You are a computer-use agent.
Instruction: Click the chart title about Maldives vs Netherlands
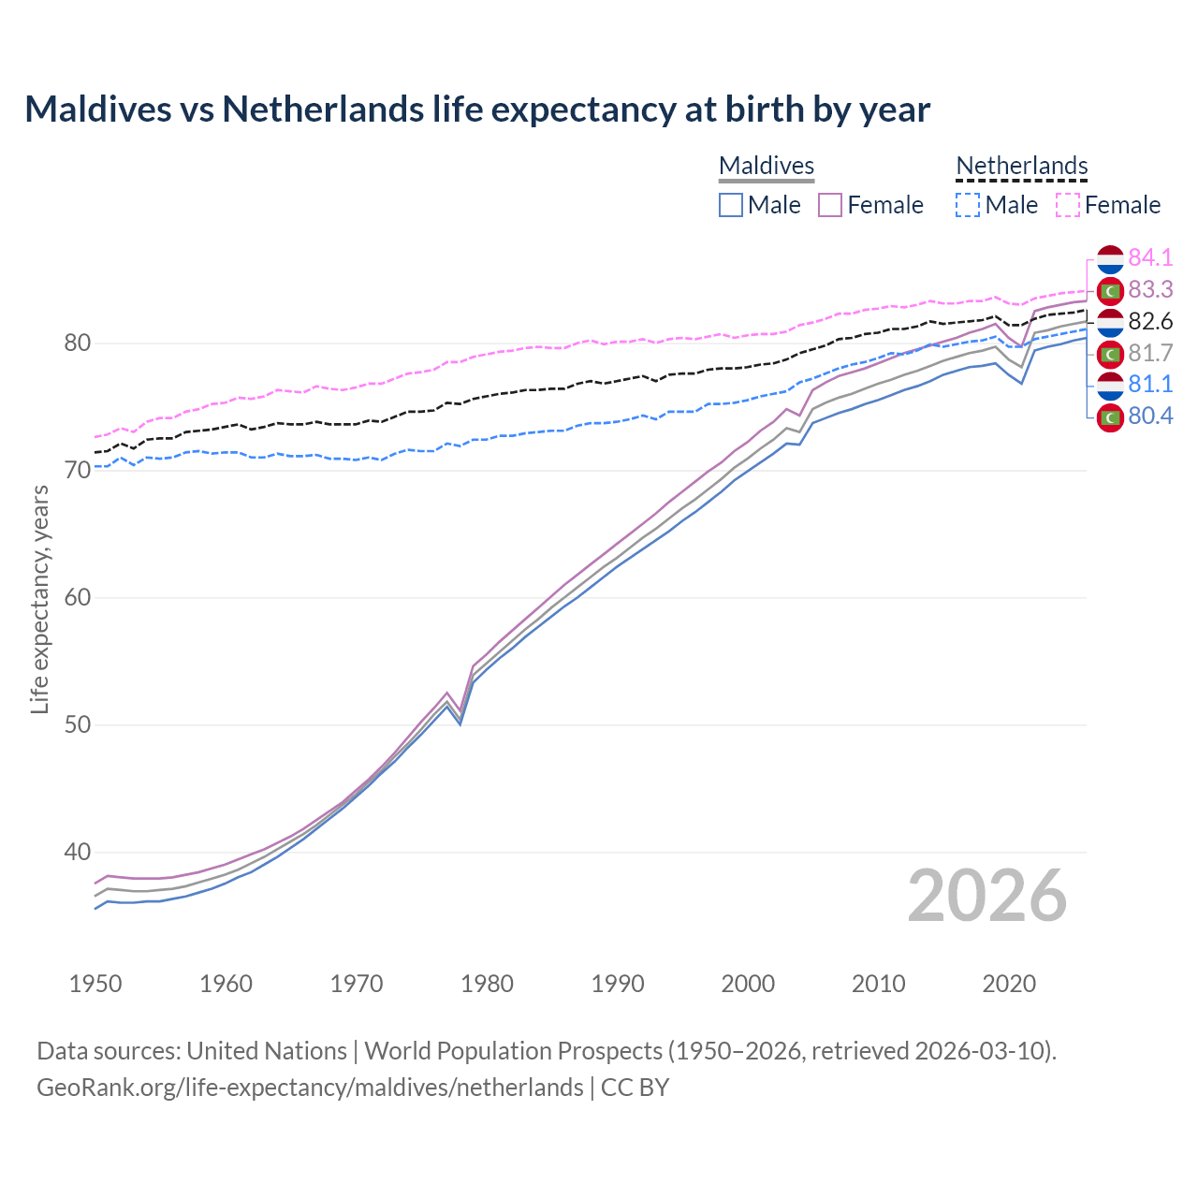click(x=477, y=110)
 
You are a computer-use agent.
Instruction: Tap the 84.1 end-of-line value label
click(x=1150, y=257)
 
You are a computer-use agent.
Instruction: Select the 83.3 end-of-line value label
click(x=1150, y=289)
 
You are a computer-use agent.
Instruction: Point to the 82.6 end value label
click(x=1150, y=321)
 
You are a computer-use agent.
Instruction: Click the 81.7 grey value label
click(x=1150, y=353)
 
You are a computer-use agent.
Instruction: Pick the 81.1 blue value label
click(x=1150, y=384)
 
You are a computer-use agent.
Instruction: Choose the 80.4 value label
click(x=1150, y=416)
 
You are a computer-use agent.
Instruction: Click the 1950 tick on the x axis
click(x=95, y=984)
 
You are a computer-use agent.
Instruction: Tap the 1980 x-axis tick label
click(x=487, y=984)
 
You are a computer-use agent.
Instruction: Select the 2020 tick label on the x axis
click(x=1009, y=984)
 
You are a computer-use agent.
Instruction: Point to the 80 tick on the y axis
click(x=77, y=343)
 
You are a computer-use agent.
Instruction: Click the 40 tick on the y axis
click(x=77, y=852)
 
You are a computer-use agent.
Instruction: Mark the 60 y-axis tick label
click(x=77, y=597)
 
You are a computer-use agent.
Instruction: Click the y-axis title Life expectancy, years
click(x=39, y=599)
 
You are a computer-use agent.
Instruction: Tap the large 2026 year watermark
click(x=986, y=896)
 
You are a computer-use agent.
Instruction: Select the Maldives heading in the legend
click(x=767, y=166)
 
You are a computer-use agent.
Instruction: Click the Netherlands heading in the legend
click(x=1021, y=166)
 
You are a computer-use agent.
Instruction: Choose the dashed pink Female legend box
click(x=1068, y=205)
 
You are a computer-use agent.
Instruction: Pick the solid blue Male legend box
click(x=731, y=205)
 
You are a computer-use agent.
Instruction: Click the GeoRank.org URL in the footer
click(x=310, y=1088)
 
